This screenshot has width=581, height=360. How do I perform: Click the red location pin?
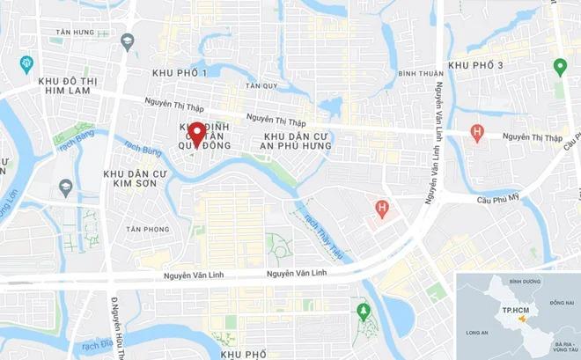(197, 135)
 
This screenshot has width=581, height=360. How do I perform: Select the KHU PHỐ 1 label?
(180, 71)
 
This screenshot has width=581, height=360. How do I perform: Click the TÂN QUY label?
(261, 85)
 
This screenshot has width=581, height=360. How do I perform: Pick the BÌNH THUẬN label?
(418, 73)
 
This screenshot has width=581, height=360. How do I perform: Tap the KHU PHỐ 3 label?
(475, 65)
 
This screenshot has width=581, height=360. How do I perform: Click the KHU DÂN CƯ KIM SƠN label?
(136, 181)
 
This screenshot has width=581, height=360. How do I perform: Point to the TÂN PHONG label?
(147, 229)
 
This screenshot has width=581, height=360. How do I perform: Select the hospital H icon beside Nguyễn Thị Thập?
(477, 133)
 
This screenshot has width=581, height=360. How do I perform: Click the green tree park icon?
(363, 310)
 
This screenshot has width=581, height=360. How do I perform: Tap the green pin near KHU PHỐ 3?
(559, 66)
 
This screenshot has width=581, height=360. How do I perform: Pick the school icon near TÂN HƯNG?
(128, 41)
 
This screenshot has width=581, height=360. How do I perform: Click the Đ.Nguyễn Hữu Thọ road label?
(114, 320)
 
